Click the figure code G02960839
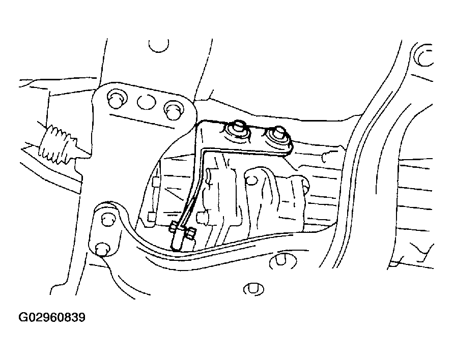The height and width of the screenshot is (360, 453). point(52,318)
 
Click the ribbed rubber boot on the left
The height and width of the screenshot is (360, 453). point(59,145)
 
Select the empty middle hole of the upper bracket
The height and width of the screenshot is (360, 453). point(146,102)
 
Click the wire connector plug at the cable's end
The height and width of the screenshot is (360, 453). point(177,239)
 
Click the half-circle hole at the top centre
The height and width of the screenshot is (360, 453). point(159,46)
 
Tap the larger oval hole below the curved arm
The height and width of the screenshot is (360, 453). point(283,261)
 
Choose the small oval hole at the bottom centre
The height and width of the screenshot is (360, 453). point(253,289)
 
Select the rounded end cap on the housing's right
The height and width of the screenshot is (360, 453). point(303,186)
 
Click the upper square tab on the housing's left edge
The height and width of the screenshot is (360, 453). point(155,182)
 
